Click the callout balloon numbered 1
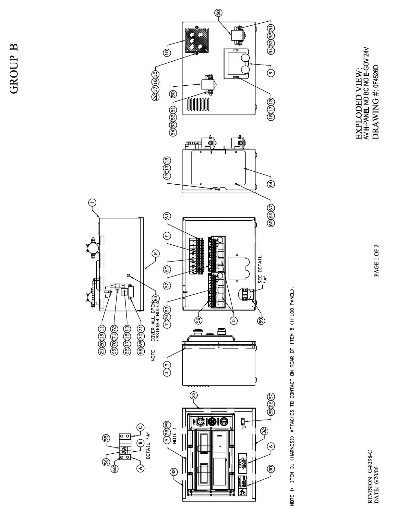coord(92,203)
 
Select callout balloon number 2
coord(156,254)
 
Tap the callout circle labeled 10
coord(167,53)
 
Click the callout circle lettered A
coord(140,468)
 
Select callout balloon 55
coord(106,438)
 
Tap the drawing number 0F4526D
coord(376,75)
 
